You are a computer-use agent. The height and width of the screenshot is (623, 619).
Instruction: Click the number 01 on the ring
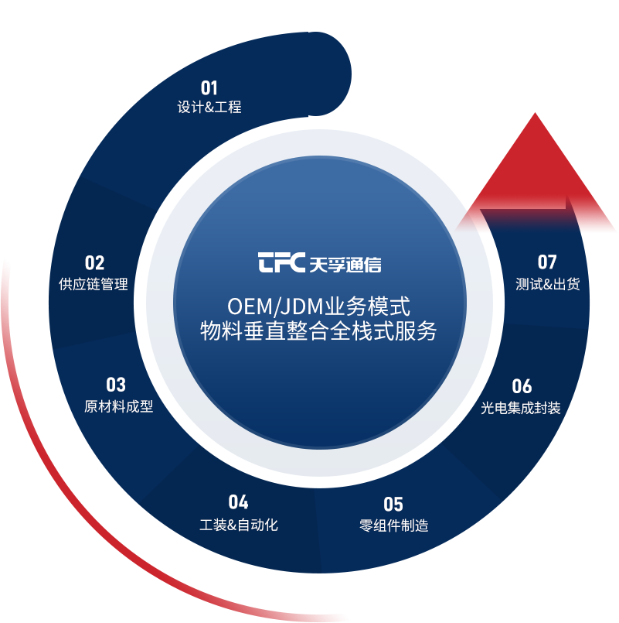pos(209,87)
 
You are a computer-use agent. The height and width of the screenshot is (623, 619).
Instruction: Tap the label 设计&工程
pos(209,108)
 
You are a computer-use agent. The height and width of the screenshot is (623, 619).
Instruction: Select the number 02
pos(94,263)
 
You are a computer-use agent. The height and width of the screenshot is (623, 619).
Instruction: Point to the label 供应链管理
pos(94,284)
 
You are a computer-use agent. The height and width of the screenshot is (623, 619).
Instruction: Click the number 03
pos(116,385)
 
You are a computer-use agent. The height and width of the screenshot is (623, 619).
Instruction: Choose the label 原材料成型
pos(119,406)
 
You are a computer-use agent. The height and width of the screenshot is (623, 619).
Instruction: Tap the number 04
pos(238,502)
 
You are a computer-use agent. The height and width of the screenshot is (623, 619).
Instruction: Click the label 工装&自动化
pos(238,525)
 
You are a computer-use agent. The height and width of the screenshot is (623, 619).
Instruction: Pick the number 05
pos(393,505)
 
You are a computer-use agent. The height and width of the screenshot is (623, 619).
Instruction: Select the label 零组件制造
pos(393,526)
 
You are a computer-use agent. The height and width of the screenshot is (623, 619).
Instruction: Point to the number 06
pos(522,386)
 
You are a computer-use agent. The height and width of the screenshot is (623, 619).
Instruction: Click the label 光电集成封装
pos(520,408)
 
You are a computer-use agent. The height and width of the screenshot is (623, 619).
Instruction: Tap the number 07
pos(547,262)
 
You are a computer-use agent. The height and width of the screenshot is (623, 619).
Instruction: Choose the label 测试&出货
pos(547,284)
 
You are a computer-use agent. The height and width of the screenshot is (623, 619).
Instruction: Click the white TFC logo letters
pos(281,263)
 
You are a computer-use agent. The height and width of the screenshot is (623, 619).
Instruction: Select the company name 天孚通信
pos(345,264)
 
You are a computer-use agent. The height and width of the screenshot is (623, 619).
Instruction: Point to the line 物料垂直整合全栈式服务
pos(318,331)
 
